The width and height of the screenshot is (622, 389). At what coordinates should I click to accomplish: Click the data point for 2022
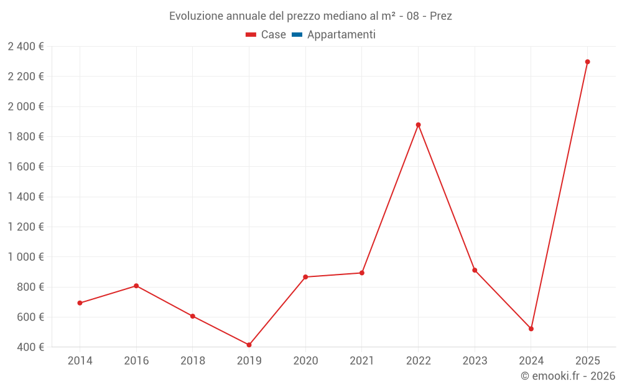pyautogui.click(x=418, y=124)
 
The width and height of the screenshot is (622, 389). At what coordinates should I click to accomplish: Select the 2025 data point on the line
pyautogui.click(x=587, y=62)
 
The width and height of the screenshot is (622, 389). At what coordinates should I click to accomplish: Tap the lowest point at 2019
pyautogui.click(x=249, y=345)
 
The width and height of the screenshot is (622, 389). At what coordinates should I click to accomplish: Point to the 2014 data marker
pyautogui.click(x=80, y=303)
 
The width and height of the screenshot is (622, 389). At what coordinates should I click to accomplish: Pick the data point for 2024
pyautogui.click(x=531, y=329)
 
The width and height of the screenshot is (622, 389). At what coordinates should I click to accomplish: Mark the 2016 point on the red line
pyautogui.click(x=136, y=286)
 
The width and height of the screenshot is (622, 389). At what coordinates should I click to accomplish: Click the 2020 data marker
pyautogui.click(x=305, y=277)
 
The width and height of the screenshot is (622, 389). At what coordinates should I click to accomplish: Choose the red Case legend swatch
pyautogui.click(x=251, y=35)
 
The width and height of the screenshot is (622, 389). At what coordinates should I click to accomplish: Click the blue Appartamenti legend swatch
pyautogui.click(x=297, y=35)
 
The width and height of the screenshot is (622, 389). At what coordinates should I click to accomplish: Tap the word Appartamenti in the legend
pyautogui.click(x=341, y=35)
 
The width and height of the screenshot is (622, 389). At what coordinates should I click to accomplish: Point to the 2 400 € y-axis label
pyautogui.click(x=26, y=46)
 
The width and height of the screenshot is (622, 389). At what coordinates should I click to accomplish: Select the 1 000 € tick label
pyautogui.click(x=26, y=257)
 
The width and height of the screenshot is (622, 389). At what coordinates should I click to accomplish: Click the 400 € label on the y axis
pyautogui.click(x=29, y=347)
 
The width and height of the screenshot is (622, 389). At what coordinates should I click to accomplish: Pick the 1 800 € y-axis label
pyautogui.click(x=26, y=136)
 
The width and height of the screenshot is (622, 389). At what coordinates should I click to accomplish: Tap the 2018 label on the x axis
pyautogui.click(x=193, y=361)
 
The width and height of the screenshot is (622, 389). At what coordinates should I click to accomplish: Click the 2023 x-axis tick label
pyautogui.click(x=475, y=361)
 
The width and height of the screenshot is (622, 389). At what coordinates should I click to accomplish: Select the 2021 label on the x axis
pyautogui.click(x=362, y=361)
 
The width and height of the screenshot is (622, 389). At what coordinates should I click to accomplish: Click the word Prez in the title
pyautogui.click(x=440, y=16)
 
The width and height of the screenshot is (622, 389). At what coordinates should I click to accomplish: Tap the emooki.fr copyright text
pyautogui.click(x=568, y=376)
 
